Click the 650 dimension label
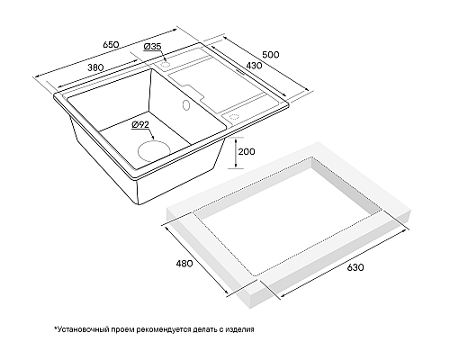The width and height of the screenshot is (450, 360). tap(111, 45)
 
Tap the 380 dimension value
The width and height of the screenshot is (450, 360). tap(95, 67)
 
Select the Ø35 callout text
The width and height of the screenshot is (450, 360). tap(152, 47)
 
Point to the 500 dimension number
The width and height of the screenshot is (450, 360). tap(271, 55)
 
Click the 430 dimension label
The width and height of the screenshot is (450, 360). tap(254, 65)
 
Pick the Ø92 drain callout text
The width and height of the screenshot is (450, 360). tap(140, 124)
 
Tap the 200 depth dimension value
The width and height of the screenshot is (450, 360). tap(247, 152)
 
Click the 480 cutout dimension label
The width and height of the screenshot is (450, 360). tap(184, 264)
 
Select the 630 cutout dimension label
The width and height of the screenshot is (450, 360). tap(355, 267)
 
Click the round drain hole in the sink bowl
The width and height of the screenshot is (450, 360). tap(154, 151)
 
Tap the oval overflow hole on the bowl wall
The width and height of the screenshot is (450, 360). tap(186, 105)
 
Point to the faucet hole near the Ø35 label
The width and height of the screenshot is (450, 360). tap(166, 64)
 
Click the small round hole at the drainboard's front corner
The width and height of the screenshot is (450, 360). tap(233, 116)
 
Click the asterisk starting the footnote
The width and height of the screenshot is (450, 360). tap(55, 328)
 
